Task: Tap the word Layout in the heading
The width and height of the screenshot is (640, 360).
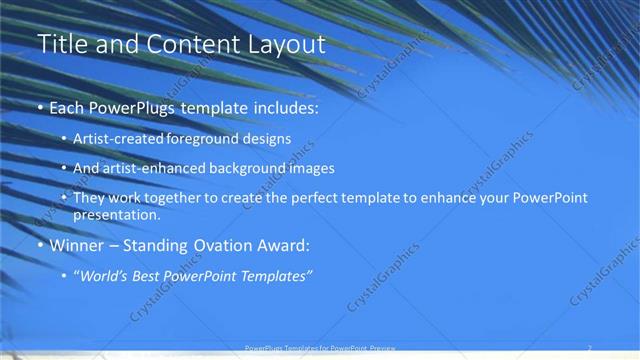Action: [286, 45]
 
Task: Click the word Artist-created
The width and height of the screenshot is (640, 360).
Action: [120, 139]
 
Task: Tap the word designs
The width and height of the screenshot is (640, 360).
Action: [267, 139]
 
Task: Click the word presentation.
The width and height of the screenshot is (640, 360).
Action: [116, 214]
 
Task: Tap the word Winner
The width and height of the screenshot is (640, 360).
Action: [77, 245]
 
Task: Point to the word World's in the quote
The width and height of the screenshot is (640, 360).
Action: [104, 275]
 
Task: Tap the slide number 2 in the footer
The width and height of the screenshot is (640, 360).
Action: [589, 348]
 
